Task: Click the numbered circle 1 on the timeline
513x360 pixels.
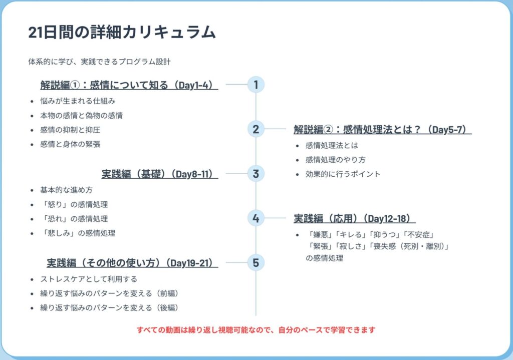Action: (x=255, y=85)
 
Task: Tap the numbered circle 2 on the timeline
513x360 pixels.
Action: (x=255, y=129)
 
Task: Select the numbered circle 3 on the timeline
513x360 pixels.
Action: (x=255, y=174)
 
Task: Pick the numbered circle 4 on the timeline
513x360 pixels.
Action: (x=255, y=218)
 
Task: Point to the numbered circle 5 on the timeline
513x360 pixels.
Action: (x=255, y=262)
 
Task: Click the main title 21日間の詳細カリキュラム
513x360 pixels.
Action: (x=122, y=32)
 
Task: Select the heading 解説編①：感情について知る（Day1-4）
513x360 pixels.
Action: (x=129, y=85)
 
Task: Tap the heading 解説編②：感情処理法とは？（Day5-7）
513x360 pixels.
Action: (x=382, y=130)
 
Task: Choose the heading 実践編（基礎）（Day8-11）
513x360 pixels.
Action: (x=160, y=174)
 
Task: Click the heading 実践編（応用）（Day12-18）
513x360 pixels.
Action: (x=354, y=218)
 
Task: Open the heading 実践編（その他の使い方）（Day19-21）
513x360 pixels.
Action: (x=132, y=263)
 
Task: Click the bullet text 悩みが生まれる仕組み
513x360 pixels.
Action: (x=78, y=101)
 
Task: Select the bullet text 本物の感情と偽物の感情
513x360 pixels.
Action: (x=82, y=116)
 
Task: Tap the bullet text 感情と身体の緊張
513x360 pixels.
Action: (x=74, y=145)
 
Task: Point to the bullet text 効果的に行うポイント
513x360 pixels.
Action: (x=343, y=174)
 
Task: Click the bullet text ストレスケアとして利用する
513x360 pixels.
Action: (x=89, y=279)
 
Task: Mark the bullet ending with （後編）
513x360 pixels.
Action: (x=109, y=307)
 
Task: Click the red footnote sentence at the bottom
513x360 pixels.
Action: (x=256, y=330)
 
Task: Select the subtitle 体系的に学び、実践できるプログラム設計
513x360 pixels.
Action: (x=100, y=62)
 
